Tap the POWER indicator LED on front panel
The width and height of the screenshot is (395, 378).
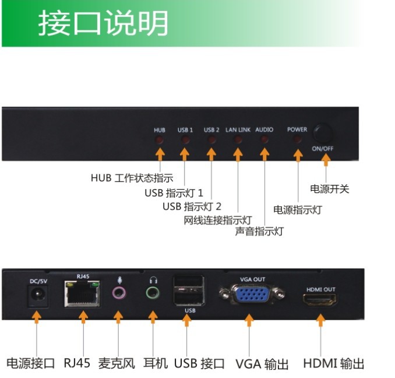(x=297, y=140)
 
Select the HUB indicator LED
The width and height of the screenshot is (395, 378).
(x=160, y=140)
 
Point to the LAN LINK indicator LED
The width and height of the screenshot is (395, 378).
(x=238, y=140)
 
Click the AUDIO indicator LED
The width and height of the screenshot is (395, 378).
(x=264, y=140)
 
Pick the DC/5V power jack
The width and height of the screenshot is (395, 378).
(x=38, y=297)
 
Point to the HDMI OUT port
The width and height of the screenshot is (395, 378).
(x=319, y=301)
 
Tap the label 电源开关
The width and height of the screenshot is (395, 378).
(x=330, y=190)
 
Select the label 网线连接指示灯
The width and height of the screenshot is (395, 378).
(x=217, y=220)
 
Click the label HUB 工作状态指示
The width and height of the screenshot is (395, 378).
(x=132, y=178)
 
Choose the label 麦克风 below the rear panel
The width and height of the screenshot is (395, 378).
(x=117, y=363)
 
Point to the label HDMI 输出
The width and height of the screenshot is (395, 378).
(x=333, y=363)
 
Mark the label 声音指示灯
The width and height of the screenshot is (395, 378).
(x=259, y=231)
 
